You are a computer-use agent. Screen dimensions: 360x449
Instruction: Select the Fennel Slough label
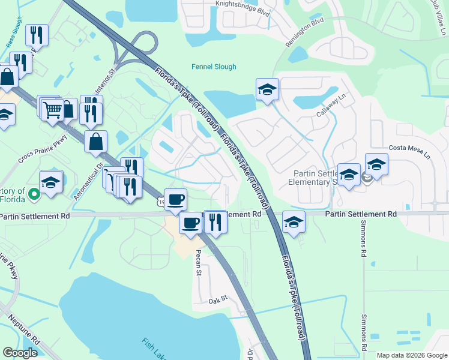coord(214,67)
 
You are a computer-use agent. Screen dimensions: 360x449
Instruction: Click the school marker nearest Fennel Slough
coord(267,90)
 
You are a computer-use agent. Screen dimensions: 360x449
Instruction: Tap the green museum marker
coord(34,193)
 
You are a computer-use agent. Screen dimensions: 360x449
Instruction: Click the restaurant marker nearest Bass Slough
coord(37,36)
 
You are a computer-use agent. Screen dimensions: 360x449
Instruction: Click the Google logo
coord(20,352)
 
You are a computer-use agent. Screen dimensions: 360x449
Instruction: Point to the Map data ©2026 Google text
coord(411,355)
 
